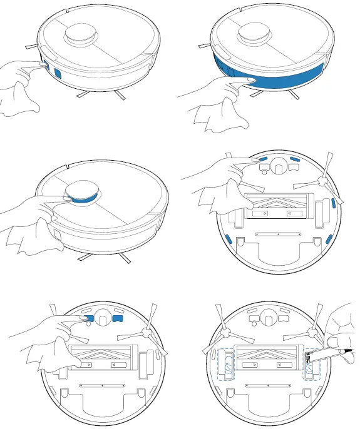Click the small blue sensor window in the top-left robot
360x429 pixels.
[55, 71]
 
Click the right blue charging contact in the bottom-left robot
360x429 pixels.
[118, 318]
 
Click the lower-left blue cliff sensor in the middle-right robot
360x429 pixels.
[228, 238]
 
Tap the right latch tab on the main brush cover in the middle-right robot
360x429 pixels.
[289, 213]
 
